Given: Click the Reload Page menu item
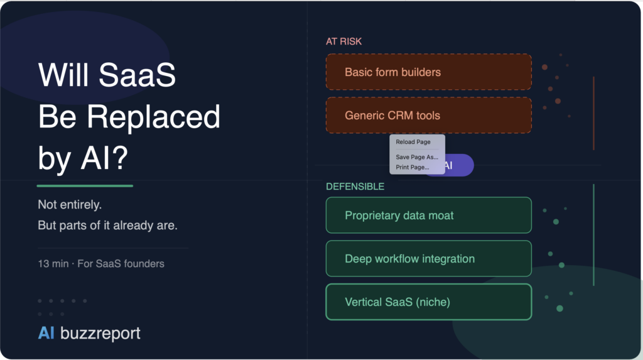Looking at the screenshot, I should coord(413,142).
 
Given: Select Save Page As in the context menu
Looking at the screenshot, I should coord(417,157).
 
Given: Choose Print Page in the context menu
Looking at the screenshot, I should coord(413,167).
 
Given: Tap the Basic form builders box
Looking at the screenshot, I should coord(428,72).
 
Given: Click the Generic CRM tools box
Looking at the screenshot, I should coord(428,116).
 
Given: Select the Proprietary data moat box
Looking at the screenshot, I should coord(428,215).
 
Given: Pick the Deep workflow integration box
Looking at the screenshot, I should coord(428,259).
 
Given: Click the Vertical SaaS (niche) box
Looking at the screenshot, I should coord(428,302).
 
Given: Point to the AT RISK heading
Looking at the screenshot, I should coord(343,41).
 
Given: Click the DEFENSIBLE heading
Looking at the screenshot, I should coord(355,187).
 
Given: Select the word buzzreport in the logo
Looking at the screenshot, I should coord(100,333).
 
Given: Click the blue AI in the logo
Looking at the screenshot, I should coord(46,333).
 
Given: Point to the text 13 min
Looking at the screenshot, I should coord(53,264).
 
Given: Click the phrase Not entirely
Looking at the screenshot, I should coord(70,205).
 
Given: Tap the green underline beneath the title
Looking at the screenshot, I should coord(85,185).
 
